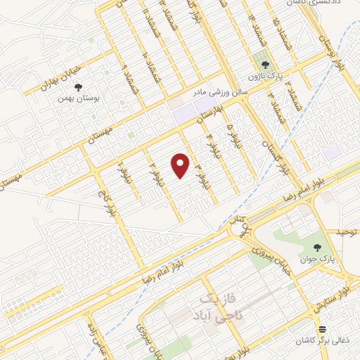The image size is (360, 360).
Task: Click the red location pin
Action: click(x=181, y=165)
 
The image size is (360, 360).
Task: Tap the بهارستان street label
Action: click(x=203, y=112)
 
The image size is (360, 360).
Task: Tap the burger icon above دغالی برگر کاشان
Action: click(x=322, y=329)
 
